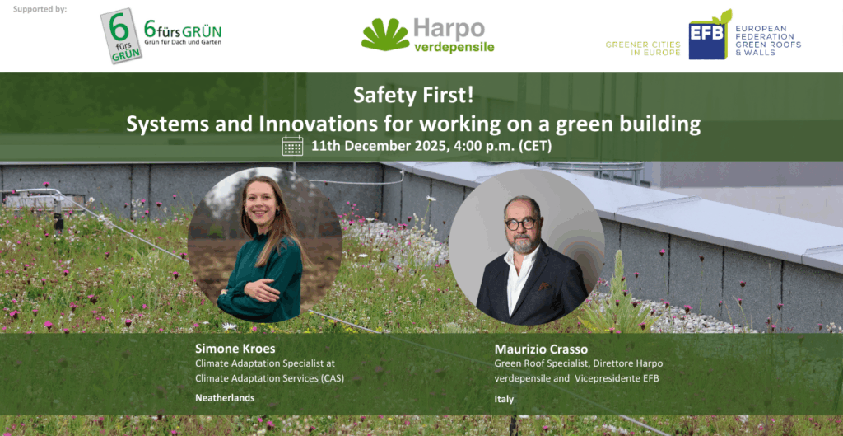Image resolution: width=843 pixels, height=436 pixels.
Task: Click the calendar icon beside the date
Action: pyautogui.click(x=292, y=146)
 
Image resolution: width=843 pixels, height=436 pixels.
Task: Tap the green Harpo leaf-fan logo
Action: pyautogui.click(x=385, y=35)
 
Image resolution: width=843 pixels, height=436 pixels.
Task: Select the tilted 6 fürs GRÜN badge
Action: pyautogui.click(x=121, y=35)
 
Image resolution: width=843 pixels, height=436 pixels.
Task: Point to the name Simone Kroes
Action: pyautogui.click(x=235, y=349)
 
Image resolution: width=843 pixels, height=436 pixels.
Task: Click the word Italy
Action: pyautogui.click(x=504, y=400)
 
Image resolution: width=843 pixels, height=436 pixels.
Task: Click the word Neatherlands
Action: pyautogui.click(x=225, y=398)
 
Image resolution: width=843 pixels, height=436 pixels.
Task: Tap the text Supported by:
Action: pyautogui.click(x=40, y=9)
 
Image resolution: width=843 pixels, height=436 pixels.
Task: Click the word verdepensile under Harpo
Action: pyautogui.click(x=454, y=47)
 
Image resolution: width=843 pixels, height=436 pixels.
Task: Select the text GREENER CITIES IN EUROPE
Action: pyautogui.click(x=643, y=49)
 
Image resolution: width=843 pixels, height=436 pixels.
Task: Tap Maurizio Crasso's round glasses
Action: pyautogui.click(x=520, y=223)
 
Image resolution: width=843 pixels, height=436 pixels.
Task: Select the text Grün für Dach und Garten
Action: pyautogui.click(x=183, y=42)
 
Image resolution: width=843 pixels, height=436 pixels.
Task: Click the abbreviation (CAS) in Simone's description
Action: pyautogui.click(x=332, y=378)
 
